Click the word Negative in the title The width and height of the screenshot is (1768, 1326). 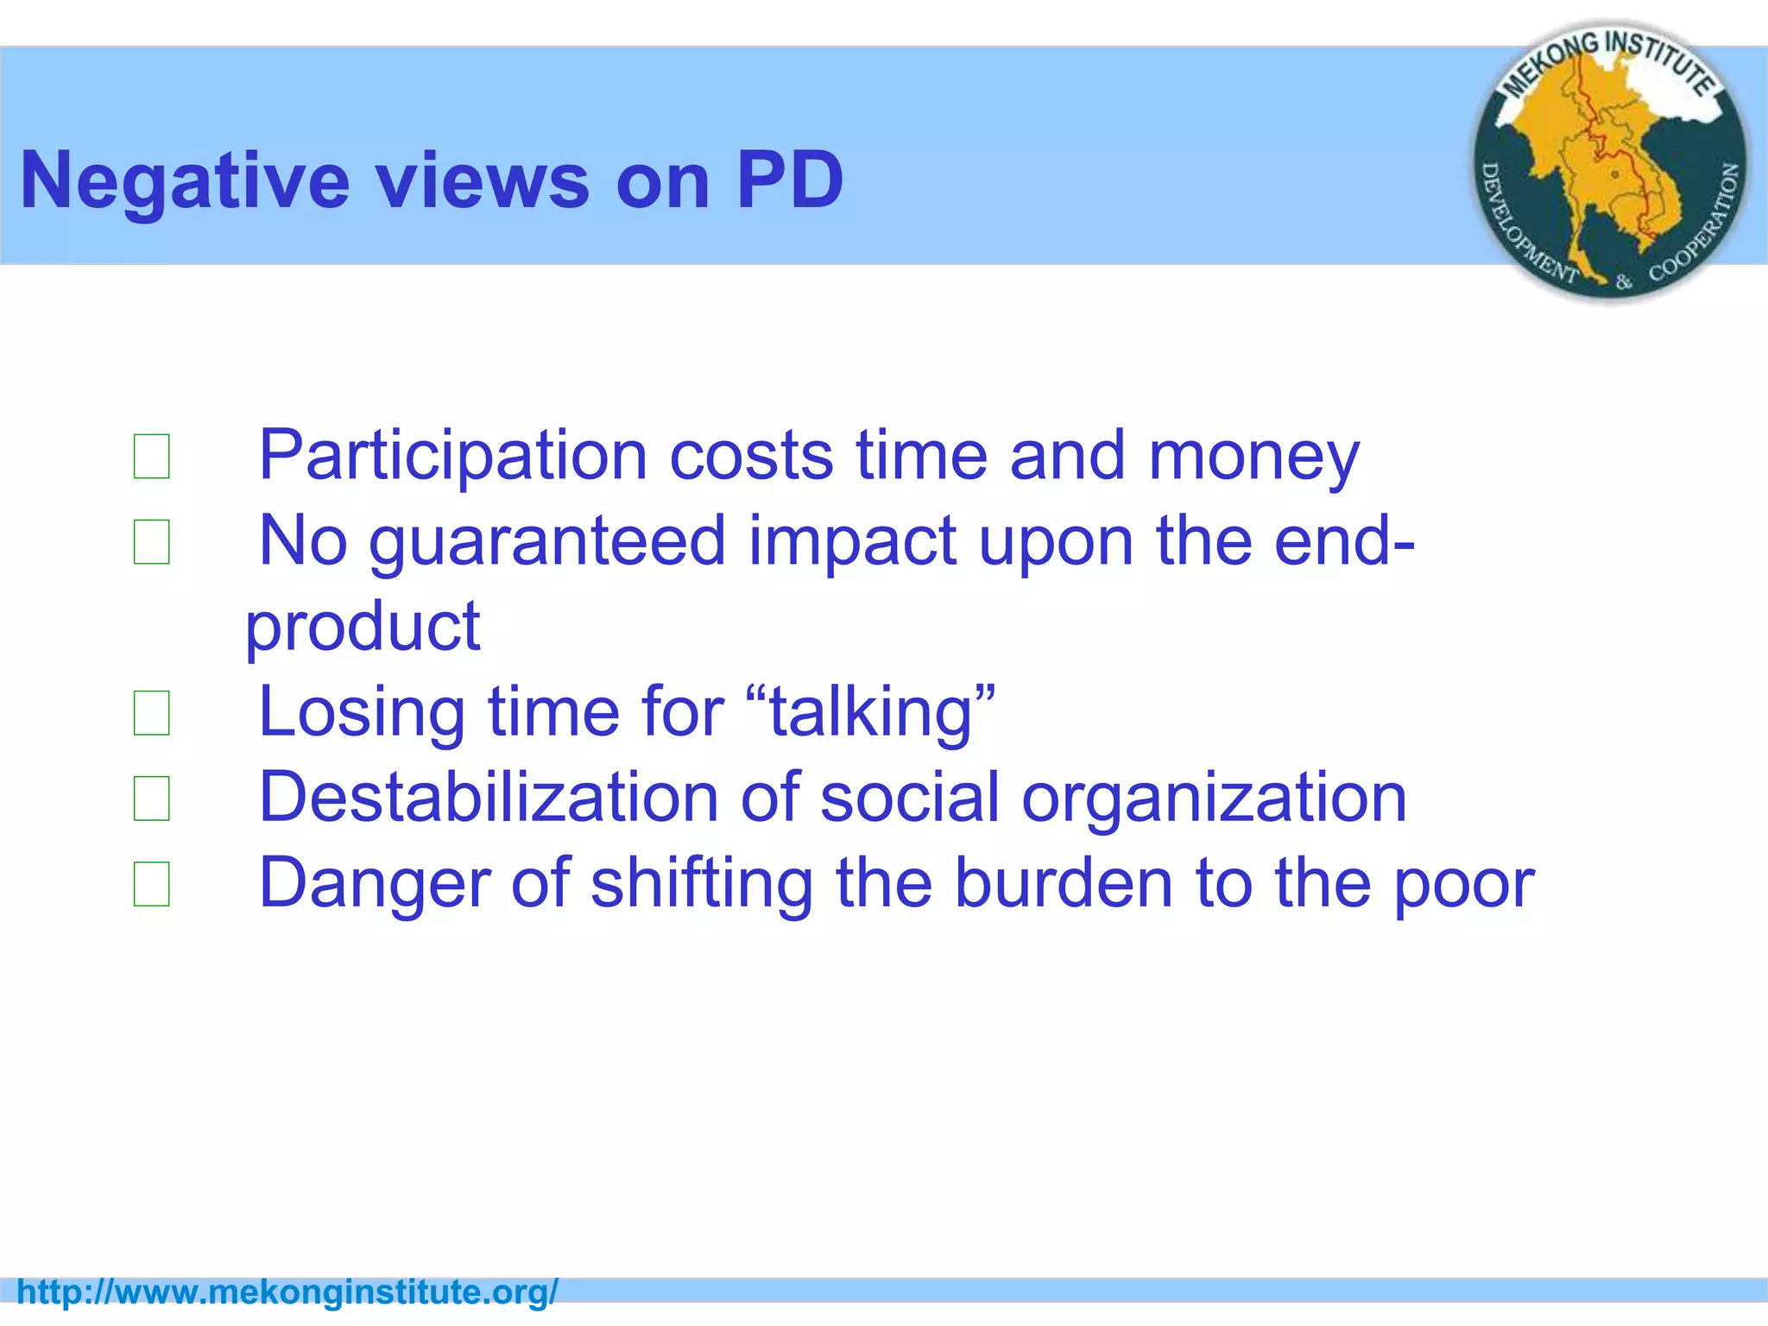point(184,181)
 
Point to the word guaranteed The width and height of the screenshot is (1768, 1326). point(547,542)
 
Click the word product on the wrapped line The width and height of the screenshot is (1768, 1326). point(363,627)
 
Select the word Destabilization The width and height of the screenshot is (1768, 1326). point(489,798)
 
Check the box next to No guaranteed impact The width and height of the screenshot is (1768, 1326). point(151,542)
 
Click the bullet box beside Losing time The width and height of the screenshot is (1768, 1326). point(151,713)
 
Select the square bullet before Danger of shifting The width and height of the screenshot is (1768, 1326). point(151,884)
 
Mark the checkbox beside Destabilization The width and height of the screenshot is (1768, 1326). point(151,799)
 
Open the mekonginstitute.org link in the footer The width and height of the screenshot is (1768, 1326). point(287,1292)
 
